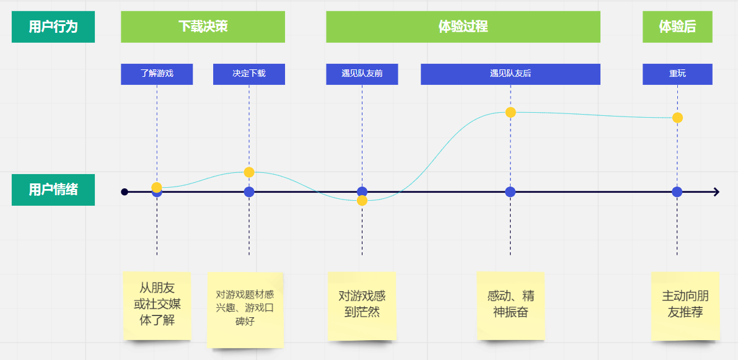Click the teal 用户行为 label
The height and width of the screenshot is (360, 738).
tap(53, 27)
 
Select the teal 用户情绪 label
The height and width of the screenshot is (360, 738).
tap(53, 190)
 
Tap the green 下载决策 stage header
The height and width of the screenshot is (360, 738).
tap(203, 27)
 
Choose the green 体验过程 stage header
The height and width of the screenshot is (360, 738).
tap(463, 27)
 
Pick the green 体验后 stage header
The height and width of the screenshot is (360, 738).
tap(677, 27)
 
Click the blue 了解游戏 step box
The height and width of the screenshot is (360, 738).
tap(157, 74)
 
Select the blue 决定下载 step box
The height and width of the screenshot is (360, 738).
tap(249, 74)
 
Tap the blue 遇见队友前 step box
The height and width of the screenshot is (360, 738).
tap(362, 74)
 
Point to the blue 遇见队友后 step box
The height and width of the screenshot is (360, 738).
tap(510, 74)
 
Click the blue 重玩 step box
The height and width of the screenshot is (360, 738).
tap(677, 74)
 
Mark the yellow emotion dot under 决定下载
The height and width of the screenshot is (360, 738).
tap(249, 172)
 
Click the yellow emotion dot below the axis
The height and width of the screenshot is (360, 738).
tap(362, 200)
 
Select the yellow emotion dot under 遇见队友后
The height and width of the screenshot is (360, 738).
tap(511, 112)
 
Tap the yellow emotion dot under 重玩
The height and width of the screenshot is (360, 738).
tap(677, 118)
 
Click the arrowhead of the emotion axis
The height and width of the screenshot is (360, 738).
tap(716, 192)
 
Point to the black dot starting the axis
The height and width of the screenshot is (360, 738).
tap(125, 192)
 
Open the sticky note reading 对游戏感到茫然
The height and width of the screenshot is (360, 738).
tap(362, 305)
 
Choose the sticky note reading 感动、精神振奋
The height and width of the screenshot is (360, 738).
tap(511, 305)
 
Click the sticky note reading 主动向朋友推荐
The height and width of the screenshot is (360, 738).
tap(685, 305)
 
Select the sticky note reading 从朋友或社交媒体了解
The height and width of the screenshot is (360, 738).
tap(157, 305)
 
